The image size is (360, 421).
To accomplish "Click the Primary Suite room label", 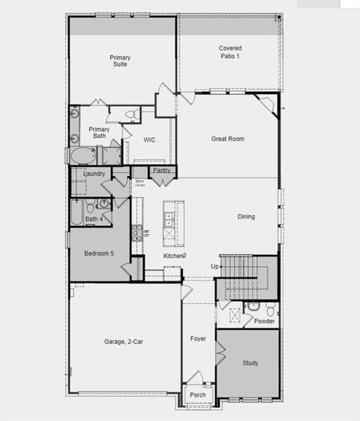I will click(x=121, y=61).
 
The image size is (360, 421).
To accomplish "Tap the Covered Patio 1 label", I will click(x=229, y=52).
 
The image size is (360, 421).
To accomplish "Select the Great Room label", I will click(x=227, y=139).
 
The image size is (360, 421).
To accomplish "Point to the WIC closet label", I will click(x=149, y=140).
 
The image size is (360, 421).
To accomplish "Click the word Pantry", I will click(x=161, y=170).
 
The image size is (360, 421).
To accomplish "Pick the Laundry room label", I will click(x=94, y=173).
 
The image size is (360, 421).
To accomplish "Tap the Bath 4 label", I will click(x=94, y=220).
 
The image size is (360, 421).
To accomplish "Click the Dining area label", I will click(x=246, y=217).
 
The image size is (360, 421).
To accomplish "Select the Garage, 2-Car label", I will click(x=124, y=342).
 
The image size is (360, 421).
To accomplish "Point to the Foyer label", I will click(x=199, y=339).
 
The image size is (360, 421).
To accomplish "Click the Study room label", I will click(x=251, y=363).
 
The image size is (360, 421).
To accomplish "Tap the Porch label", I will click(x=199, y=395).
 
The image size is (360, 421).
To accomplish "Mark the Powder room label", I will click(x=264, y=321).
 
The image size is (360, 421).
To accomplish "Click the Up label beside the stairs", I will click(x=215, y=267).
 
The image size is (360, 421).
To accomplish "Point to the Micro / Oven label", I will click(x=140, y=183).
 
